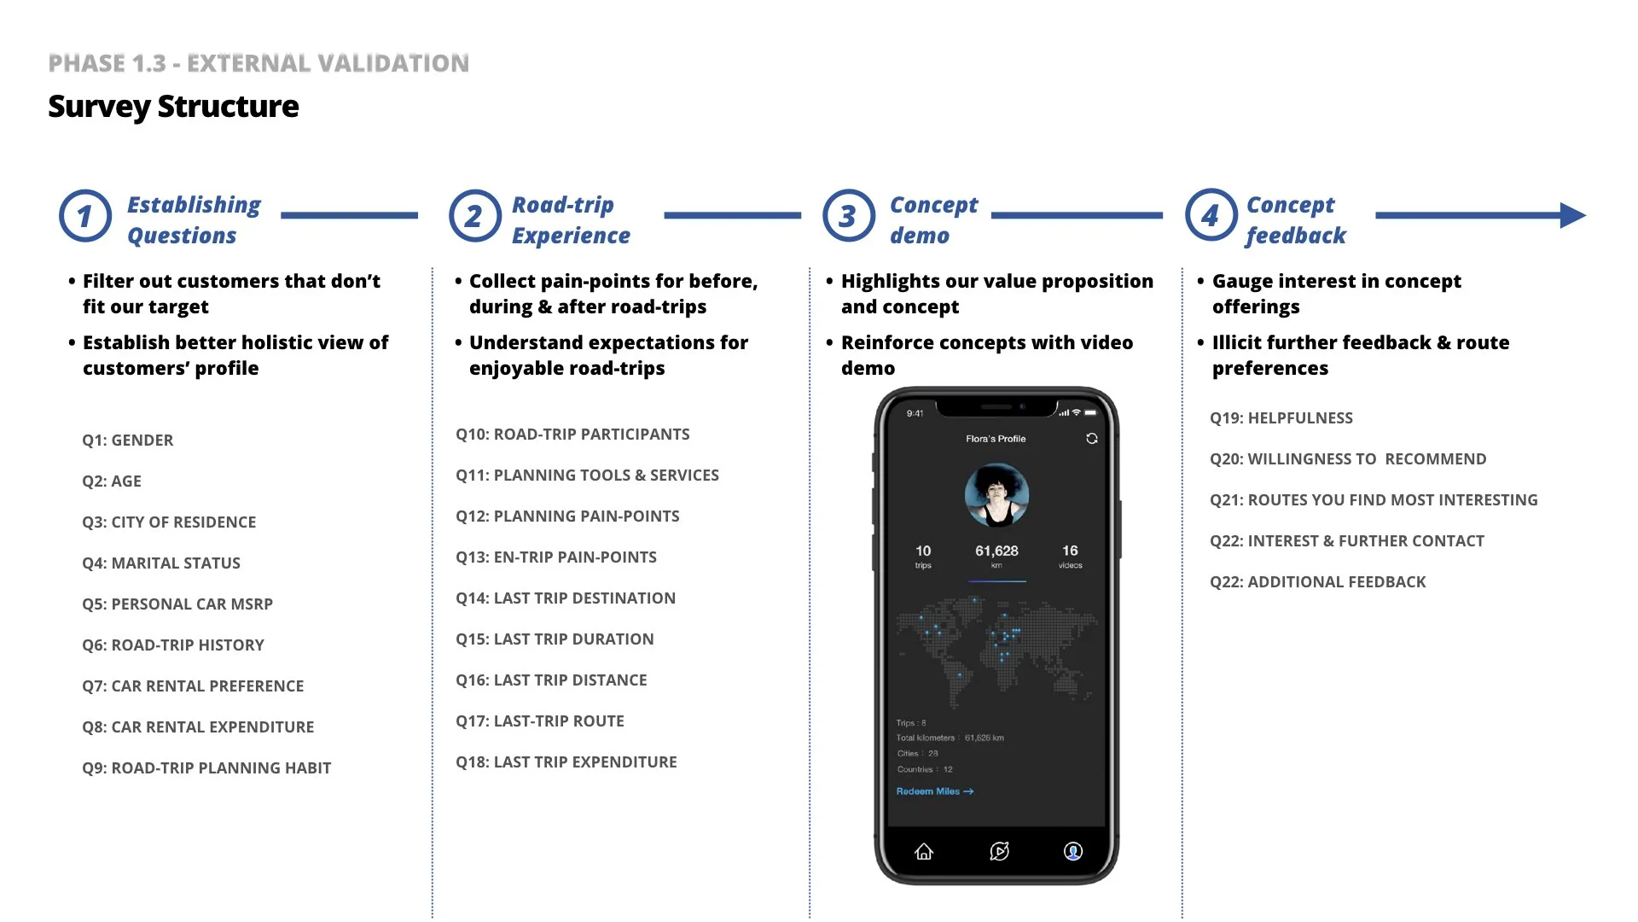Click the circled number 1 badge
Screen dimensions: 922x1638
(84, 216)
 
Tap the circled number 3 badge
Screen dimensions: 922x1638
(848, 216)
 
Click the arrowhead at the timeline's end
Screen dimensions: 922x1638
(1571, 215)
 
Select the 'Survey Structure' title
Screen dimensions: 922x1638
(173, 107)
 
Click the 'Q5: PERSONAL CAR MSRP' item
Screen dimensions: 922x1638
(177, 604)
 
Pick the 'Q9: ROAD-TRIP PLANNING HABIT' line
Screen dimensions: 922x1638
(206, 768)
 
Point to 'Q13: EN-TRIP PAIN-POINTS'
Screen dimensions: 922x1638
(556, 557)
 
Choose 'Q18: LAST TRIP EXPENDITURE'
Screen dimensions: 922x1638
(566, 762)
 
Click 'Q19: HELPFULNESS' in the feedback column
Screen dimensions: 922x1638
(1281, 418)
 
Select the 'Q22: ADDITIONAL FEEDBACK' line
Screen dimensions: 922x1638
(1318, 582)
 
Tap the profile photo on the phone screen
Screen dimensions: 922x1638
(996, 495)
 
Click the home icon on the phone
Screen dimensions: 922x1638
(924, 851)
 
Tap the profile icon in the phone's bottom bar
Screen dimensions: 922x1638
(1073, 851)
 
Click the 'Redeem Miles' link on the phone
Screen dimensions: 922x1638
(934, 791)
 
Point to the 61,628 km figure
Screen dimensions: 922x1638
(996, 555)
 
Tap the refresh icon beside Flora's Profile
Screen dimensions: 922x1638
(1092, 439)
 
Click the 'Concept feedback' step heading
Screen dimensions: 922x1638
(1295, 220)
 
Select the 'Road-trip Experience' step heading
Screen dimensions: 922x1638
(571, 220)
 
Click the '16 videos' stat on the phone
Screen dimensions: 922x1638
(1070, 556)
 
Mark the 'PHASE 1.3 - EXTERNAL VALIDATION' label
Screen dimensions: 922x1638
(258, 63)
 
